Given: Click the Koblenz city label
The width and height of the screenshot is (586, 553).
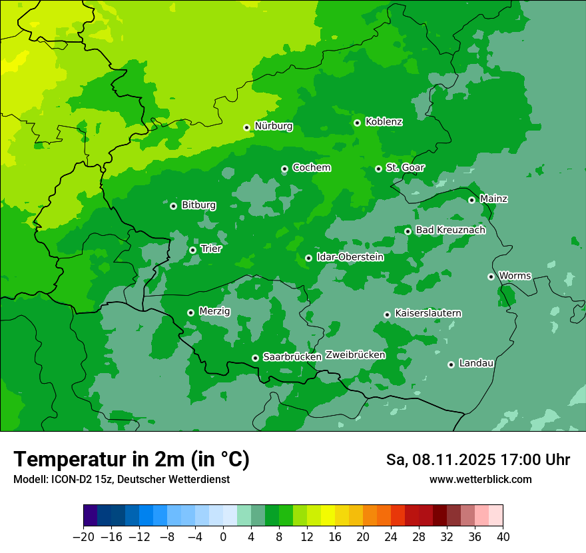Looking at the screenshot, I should click(384, 122).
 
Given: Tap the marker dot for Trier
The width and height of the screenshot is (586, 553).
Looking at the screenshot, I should click(192, 250).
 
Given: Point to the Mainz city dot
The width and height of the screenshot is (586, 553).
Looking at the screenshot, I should click(471, 200).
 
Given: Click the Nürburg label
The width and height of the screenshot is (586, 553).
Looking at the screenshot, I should click(273, 126).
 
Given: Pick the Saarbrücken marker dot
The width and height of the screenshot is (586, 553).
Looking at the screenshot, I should click(255, 358).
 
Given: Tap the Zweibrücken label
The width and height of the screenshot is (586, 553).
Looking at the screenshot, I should click(356, 355).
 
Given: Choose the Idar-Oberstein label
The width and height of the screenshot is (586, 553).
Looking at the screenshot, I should click(350, 257).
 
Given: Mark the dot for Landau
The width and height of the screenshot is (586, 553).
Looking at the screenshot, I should click(451, 364).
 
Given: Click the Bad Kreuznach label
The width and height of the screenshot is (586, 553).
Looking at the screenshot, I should click(450, 230).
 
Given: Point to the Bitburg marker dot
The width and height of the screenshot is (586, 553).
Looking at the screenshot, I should click(173, 206).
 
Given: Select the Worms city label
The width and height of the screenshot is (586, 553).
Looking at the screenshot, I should click(515, 276).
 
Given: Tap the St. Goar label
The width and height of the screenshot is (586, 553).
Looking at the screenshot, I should click(405, 168).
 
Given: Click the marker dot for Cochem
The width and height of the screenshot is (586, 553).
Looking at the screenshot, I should click(284, 169).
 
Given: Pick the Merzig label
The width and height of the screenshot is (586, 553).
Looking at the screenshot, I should click(214, 312).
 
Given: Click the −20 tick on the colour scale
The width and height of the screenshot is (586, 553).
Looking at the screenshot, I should click(83, 537).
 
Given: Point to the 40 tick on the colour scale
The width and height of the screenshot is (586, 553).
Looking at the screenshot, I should click(503, 537).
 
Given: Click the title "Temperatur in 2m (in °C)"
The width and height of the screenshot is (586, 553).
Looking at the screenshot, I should click(132, 460).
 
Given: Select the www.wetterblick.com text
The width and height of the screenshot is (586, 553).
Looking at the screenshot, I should click(481, 479).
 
